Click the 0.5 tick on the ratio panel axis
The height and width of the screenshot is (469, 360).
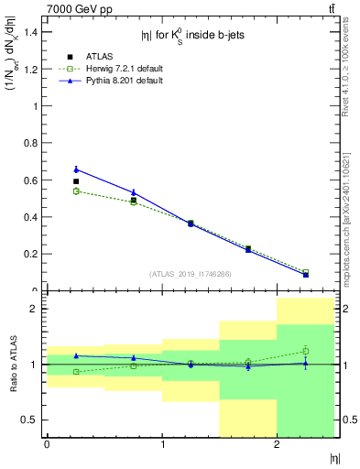tap(29, 420)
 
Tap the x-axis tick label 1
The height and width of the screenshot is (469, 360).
tap(162, 444)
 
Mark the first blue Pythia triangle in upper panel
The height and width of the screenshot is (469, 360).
tap(76, 169)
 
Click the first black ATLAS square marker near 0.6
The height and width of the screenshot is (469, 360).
tap(76, 181)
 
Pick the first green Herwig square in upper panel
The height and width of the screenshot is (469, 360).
tap(76, 191)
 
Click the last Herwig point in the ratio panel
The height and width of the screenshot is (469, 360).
tap(306, 351)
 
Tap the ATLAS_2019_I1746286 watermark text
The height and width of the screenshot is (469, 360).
tap(190, 274)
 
